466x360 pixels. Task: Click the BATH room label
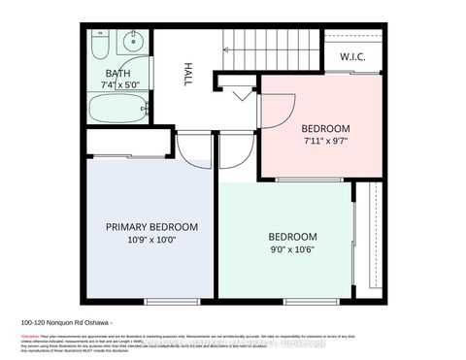point(118,72)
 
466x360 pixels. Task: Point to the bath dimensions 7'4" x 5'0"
point(119,83)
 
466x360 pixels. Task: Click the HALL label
point(187,76)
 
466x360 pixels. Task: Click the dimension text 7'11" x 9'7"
point(325,142)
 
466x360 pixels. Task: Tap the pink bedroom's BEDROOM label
point(325,128)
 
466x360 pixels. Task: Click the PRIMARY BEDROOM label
point(152,227)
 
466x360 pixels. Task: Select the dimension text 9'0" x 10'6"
point(292,249)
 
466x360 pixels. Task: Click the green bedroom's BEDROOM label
point(292,237)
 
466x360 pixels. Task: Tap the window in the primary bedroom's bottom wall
point(159,300)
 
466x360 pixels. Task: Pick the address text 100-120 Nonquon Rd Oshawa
point(68,323)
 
